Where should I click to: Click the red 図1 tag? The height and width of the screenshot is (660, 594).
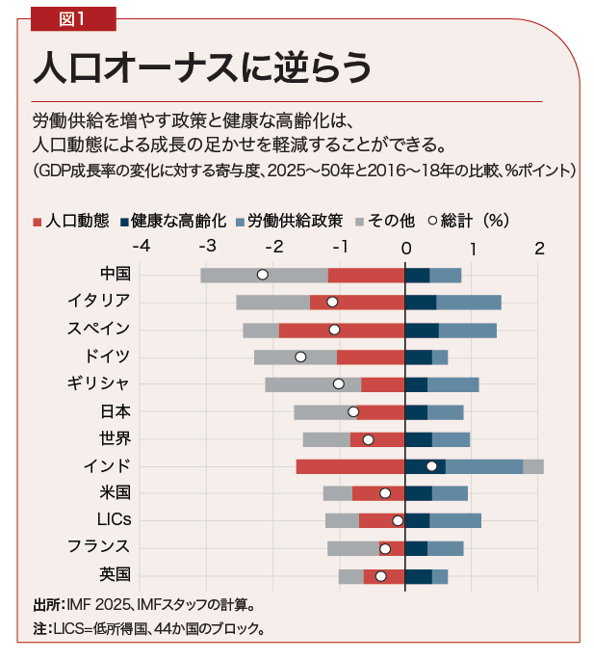[x=72, y=16]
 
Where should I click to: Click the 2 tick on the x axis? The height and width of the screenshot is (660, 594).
[x=539, y=248]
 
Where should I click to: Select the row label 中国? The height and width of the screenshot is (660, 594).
[x=115, y=274]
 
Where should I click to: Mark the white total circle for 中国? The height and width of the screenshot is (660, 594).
[x=262, y=275]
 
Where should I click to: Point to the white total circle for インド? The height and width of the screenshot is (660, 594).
[x=431, y=466]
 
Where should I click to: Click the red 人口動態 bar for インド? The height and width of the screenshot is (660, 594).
[x=350, y=466]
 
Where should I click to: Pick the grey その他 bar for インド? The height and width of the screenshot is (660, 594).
[x=533, y=466]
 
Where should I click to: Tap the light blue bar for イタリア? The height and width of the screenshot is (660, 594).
[x=469, y=302]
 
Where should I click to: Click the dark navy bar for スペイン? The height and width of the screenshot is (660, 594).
[x=422, y=330]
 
